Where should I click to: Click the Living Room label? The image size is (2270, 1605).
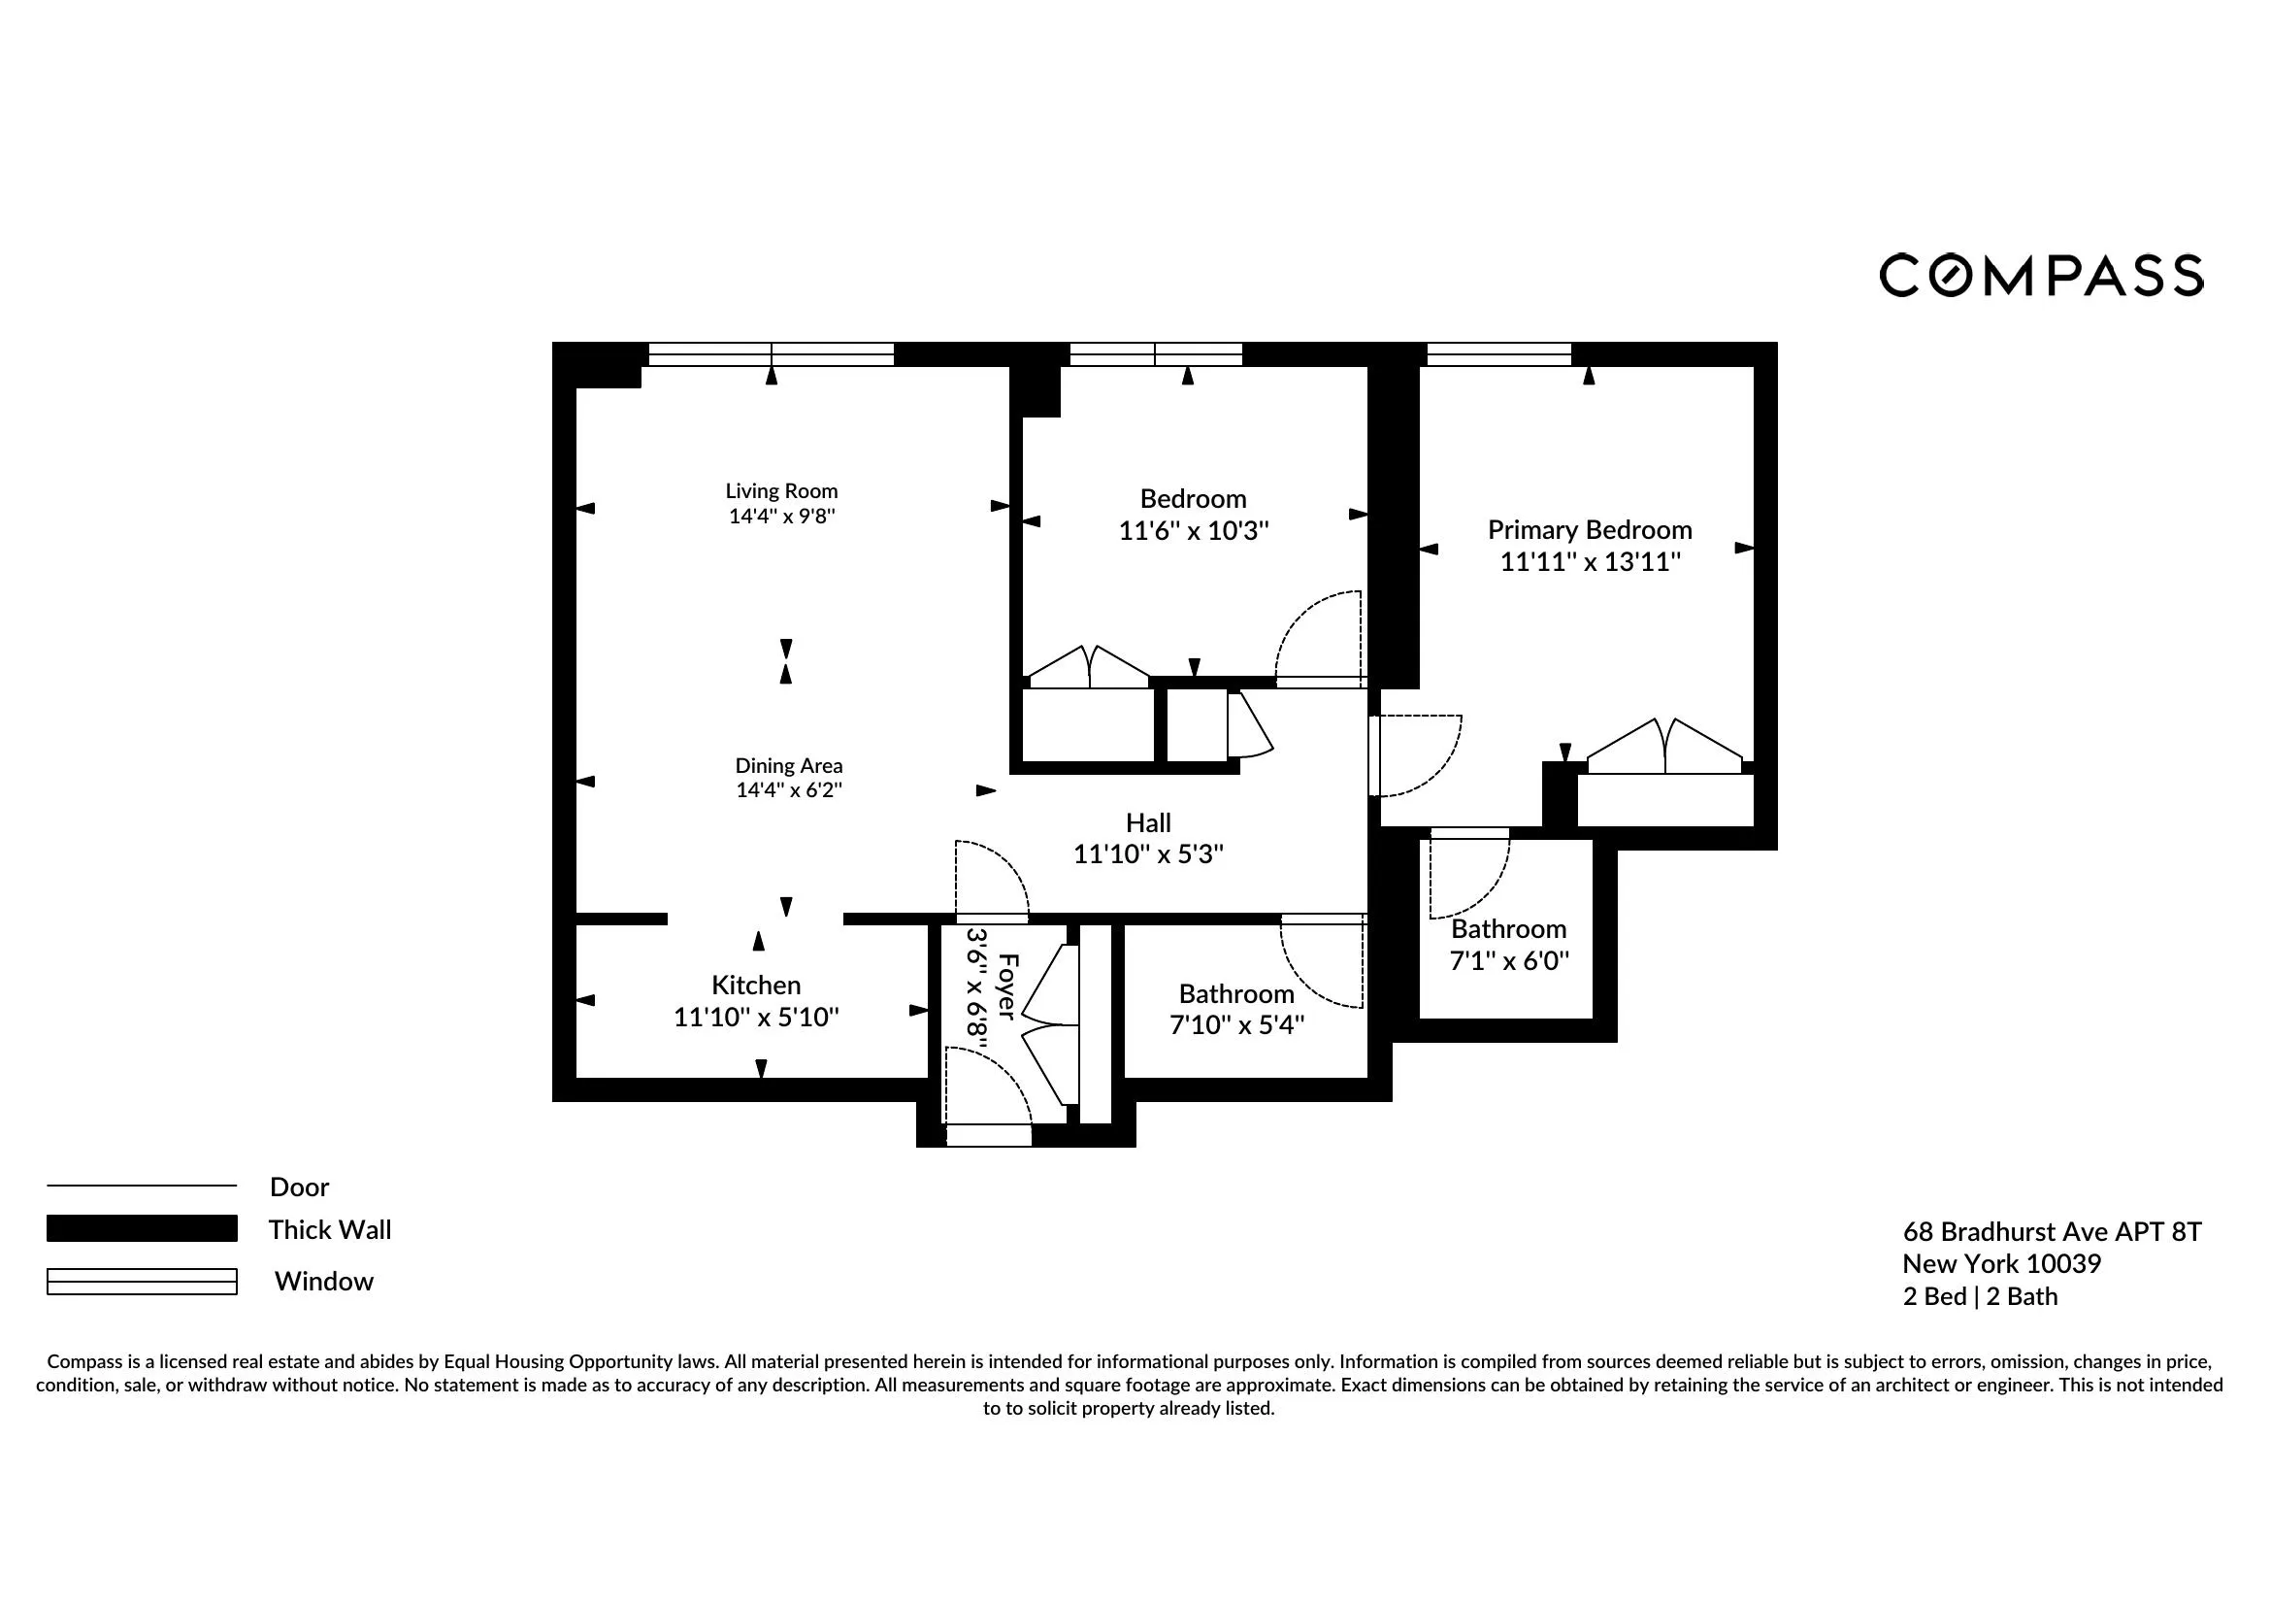click(781, 491)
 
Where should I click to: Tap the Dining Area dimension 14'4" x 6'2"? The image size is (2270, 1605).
click(788, 790)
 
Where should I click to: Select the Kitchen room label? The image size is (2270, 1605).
click(756, 985)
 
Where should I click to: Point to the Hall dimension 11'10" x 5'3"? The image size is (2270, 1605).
click(1148, 854)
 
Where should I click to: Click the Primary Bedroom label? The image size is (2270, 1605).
click(1589, 530)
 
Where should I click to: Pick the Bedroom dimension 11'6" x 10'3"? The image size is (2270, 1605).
click(1194, 531)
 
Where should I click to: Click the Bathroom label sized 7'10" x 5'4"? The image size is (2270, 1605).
click(1235, 994)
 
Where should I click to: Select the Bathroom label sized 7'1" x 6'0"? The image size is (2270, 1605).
click(1508, 929)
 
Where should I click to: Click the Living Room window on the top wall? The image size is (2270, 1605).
click(772, 354)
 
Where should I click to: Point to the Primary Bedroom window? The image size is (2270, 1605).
click(1497, 354)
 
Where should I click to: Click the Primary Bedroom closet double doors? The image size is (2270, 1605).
click(1665, 750)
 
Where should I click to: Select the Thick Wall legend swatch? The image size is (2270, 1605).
click(142, 1228)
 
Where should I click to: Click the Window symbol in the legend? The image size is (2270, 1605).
click(142, 1281)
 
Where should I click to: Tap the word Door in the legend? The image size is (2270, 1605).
click(300, 1187)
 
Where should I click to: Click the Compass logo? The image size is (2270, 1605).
click(2041, 275)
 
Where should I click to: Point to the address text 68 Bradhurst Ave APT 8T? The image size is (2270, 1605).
click(2052, 1232)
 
